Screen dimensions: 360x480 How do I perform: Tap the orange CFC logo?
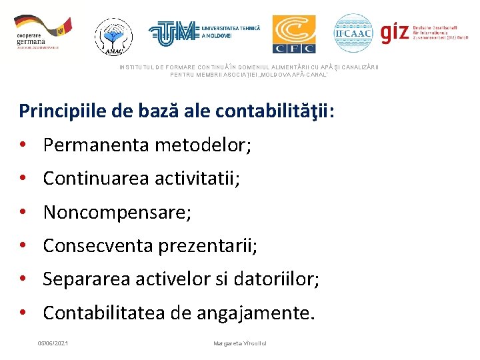pos(294,34)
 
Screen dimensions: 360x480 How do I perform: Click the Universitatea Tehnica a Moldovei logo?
pos(204,31)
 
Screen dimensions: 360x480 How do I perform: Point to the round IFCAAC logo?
pos(353,33)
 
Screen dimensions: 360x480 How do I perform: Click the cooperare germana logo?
pos(41,33)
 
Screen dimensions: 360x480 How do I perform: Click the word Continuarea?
pos(97,178)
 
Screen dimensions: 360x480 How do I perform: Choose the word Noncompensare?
pos(116,213)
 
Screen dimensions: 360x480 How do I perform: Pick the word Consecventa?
pos(98,246)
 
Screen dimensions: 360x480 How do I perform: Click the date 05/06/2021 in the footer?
pos(53,343)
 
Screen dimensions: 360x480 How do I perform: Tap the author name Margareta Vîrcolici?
pos(240,343)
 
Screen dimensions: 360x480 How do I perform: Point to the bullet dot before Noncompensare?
pos(23,213)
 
